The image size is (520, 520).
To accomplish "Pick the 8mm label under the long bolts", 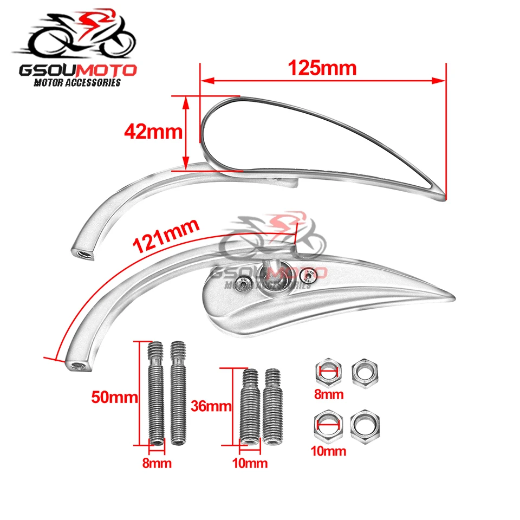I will [156, 463].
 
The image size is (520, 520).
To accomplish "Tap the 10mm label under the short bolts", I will [250, 464].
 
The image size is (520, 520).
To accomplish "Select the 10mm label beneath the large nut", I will [329, 450].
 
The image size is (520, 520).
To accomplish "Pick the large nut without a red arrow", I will [365, 425].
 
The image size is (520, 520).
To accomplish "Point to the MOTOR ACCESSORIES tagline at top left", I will [77, 83].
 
